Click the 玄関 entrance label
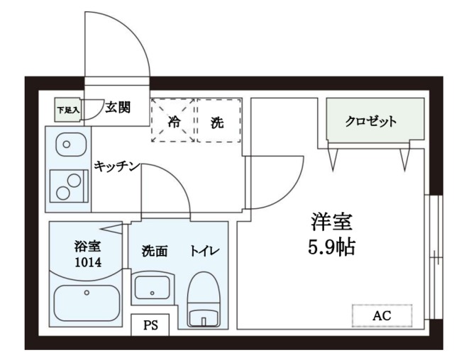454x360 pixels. click(x=118, y=108)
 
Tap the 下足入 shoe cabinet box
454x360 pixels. click(x=69, y=110)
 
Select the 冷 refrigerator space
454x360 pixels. click(x=173, y=120)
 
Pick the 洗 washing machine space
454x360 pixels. click(x=218, y=120)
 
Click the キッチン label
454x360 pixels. click(x=116, y=166)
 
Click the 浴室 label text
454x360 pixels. click(x=88, y=247)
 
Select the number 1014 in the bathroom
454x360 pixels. click(x=88, y=262)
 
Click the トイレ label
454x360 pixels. click(x=204, y=251)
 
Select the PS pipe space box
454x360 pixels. click(x=150, y=326)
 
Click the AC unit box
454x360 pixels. click(x=382, y=315)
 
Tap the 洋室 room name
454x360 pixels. click(x=331, y=221)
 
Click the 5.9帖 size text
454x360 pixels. click(x=331, y=248)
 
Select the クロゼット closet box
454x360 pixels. click(x=375, y=120)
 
